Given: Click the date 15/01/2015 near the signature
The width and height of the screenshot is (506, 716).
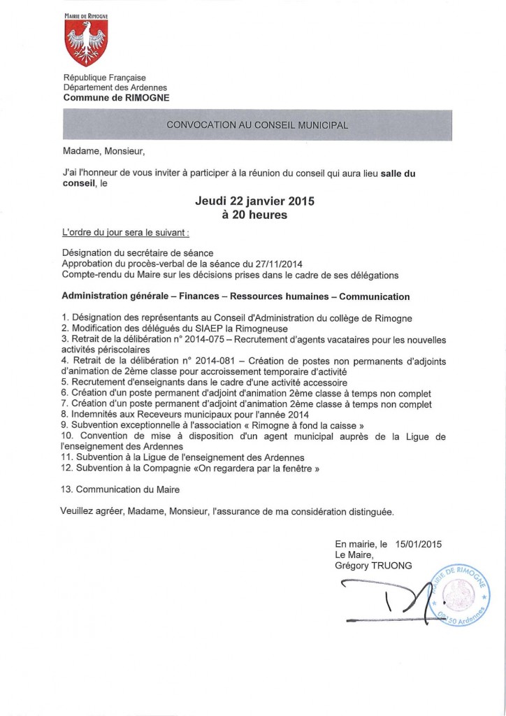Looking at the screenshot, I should (419, 543).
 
